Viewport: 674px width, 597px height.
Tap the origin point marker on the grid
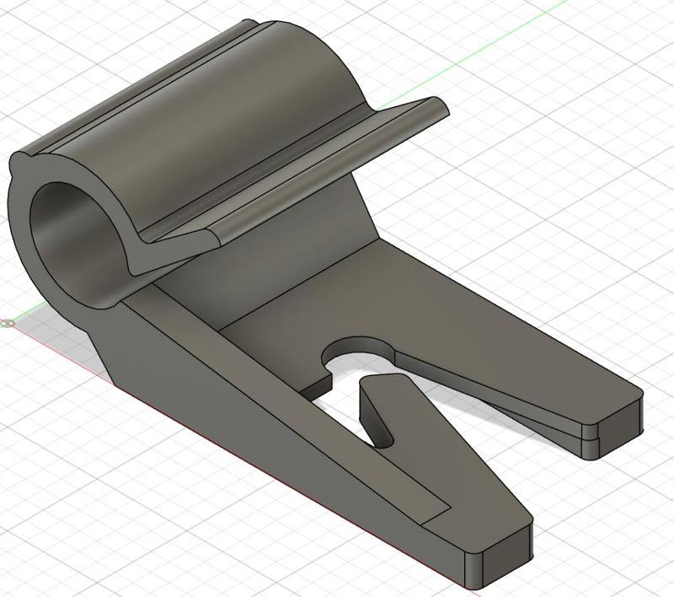click(8, 322)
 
